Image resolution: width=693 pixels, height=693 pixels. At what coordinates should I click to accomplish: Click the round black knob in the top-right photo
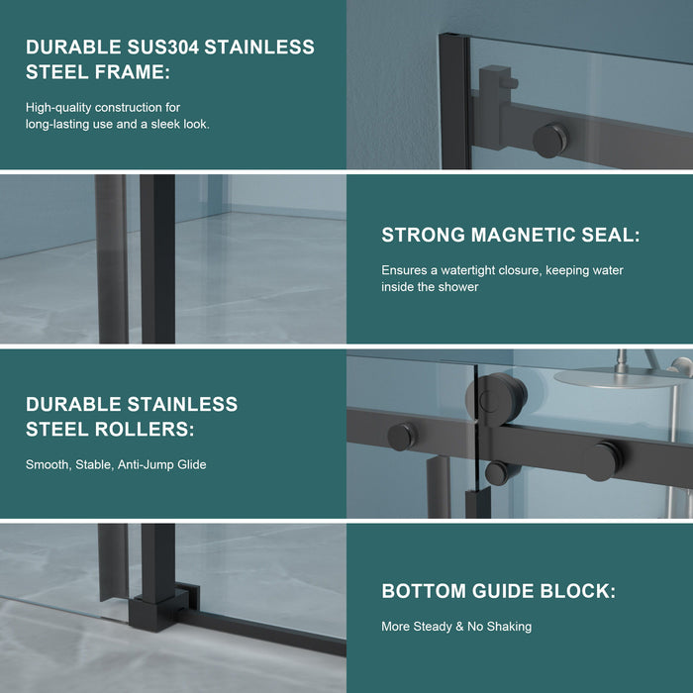point(550,139)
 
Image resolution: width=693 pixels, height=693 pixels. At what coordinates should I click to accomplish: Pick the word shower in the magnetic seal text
point(459,287)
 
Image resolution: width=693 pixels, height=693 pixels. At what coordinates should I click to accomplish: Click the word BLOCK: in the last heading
point(575,592)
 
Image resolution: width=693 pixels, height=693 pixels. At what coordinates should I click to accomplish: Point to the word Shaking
point(508,627)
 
